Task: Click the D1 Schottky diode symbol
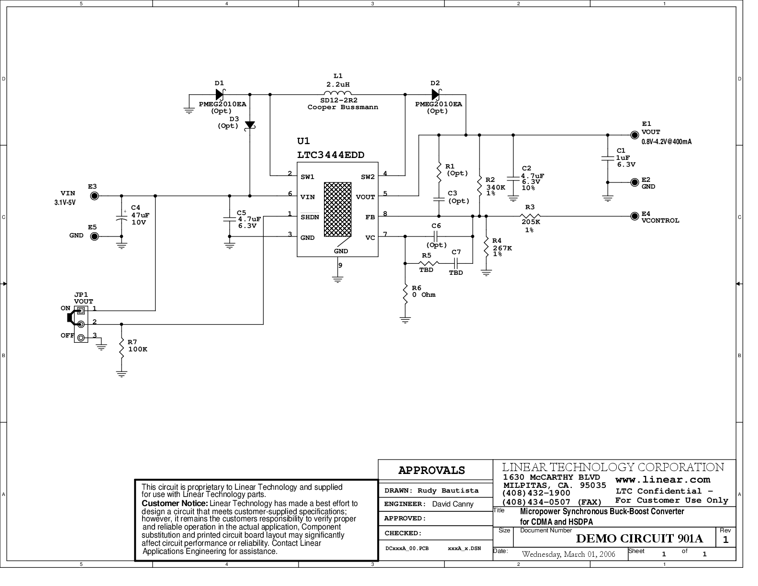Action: click(x=220, y=94)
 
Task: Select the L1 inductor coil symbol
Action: click(x=337, y=93)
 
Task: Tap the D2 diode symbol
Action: click(x=436, y=94)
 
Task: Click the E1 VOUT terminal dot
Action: click(x=635, y=135)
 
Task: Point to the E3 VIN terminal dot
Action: click(x=94, y=196)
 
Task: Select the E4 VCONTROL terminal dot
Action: click(x=635, y=216)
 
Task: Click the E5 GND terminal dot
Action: click(x=94, y=237)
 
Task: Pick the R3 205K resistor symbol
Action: click(x=530, y=216)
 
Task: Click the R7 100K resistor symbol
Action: click(x=122, y=348)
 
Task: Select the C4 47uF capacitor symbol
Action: click(x=122, y=217)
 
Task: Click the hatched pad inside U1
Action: click(x=337, y=209)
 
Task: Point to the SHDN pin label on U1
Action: click(x=310, y=217)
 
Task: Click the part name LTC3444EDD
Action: click(x=331, y=155)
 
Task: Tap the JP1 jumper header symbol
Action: click(x=80, y=324)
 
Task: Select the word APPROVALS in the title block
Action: click(x=432, y=471)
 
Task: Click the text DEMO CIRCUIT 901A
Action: click(x=639, y=539)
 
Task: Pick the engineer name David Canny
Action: click(x=452, y=504)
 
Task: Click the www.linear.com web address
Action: click(x=662, y=480)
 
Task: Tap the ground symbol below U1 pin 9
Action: click(x=337, y=279)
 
